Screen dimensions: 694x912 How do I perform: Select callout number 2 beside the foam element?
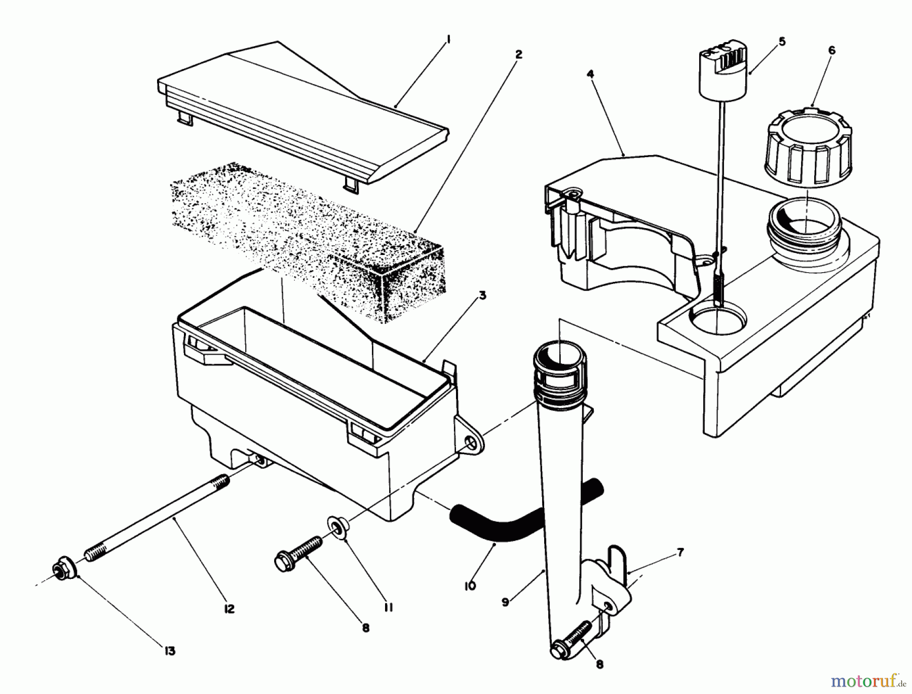[517, 54]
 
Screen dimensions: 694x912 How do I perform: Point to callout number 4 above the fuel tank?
[590, 74]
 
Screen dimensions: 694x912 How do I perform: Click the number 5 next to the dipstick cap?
[782, 42]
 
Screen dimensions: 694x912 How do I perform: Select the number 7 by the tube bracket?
[680, 553]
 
